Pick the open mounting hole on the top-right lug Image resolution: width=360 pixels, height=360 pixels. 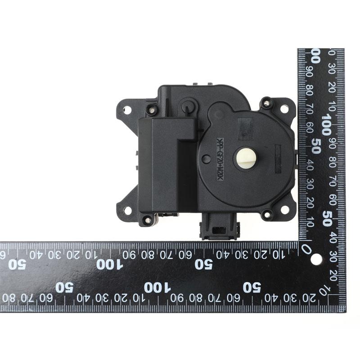coord(284,108)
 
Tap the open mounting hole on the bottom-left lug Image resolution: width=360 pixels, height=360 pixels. coord(128,210)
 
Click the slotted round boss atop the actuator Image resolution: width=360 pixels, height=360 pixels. coord(188,106)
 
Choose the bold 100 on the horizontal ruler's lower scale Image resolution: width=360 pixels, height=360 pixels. coord(157,287)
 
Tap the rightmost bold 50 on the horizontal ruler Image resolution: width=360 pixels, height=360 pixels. coord(251,287)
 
